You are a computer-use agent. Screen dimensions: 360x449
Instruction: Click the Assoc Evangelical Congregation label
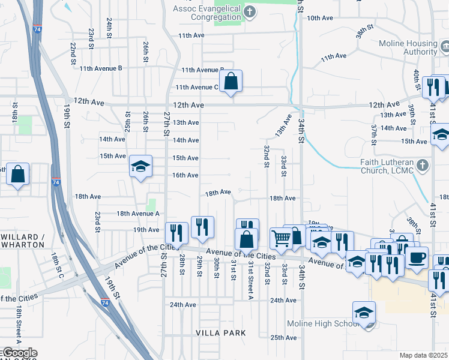click(207, 13)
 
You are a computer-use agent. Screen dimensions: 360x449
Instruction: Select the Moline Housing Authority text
click(408, 48)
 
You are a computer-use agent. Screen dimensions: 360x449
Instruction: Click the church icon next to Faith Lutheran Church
click(423, 164)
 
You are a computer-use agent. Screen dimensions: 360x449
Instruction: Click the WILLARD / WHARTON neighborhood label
click(23, 241)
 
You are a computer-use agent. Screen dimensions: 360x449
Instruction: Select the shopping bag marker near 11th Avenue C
click(231, 80)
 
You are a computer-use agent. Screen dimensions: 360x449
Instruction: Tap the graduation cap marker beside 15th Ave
click(140, 166)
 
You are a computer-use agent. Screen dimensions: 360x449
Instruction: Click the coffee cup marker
click(417, 258)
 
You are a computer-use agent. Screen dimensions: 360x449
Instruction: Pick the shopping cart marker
click(280, 238)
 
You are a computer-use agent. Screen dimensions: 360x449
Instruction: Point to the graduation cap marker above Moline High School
click(364, 313)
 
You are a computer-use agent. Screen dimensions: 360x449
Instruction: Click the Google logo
click(19, 353)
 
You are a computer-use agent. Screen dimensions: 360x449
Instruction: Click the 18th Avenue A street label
click(138, 214)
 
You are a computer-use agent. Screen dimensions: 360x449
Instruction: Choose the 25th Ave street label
click(283, 338)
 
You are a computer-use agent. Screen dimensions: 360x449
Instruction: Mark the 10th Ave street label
click(320, 18)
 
